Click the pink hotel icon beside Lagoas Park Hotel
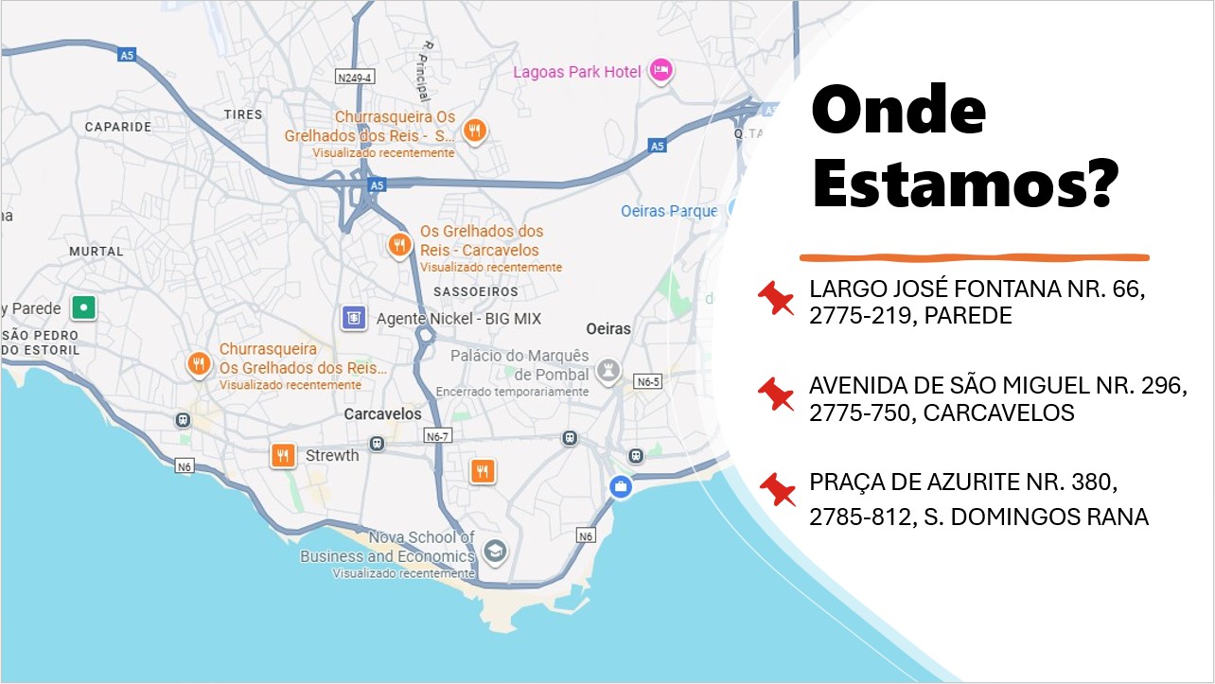coord(661,70)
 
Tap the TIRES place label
coord(243,114)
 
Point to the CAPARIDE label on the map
coord(118,127)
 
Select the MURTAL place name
coord(97,252)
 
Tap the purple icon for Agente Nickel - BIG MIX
coord(353,319)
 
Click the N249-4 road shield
coord(356,76)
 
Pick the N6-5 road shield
coord(648,382)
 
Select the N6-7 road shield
coord(437,437)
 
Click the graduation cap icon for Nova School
coord(495,551)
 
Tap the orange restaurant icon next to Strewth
coord(282,455)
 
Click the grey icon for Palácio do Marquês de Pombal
coord(611,371)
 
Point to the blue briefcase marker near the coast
coord(621,487)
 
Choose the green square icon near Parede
coord(85,307)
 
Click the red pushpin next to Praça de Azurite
coord(777,489)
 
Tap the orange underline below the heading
coord(974,256)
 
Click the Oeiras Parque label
coord(668,211)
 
